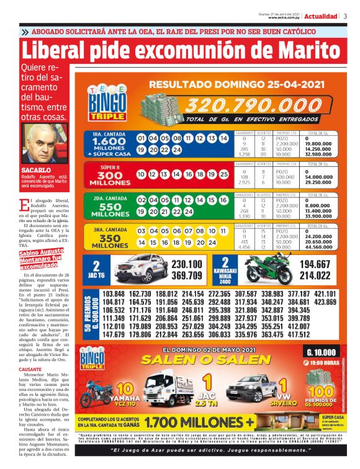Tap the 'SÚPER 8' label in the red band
pos(109,167)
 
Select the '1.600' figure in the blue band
pos(109,141)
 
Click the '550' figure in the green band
pos(109,206)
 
